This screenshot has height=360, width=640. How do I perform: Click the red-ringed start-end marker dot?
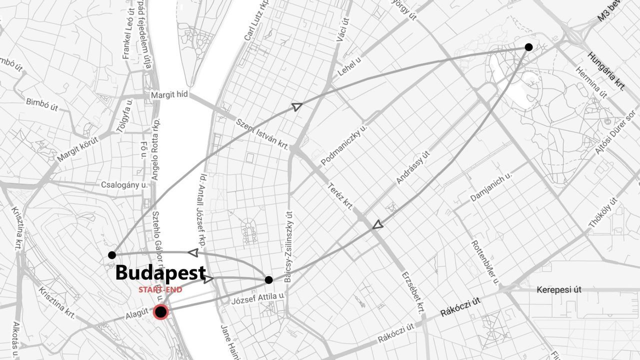[160, 312]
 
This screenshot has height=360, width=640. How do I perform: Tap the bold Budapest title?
[160, 273]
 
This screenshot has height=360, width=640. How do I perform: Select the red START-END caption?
[160, 290]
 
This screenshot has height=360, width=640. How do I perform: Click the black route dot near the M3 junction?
[528, 47]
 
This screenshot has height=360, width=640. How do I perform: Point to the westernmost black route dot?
[112, 255]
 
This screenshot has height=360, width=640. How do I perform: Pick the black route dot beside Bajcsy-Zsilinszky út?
[268, 279]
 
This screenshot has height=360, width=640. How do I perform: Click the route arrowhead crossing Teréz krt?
[378, 225]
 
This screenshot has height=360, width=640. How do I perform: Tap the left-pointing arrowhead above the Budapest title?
[192, 253]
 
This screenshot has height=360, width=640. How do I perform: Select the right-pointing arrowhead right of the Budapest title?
[208, 279]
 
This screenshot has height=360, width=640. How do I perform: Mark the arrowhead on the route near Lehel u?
[297, 106]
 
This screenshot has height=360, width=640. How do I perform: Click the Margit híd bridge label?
[169, 94]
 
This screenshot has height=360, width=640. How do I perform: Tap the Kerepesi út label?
[558, 290]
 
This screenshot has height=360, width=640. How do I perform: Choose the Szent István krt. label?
[262, 133]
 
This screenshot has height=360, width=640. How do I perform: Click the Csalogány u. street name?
[124, 184]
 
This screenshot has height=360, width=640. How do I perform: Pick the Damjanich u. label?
[491, 187]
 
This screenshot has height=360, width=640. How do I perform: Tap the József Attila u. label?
[257, 299]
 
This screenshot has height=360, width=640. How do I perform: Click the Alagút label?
[137, 314]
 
